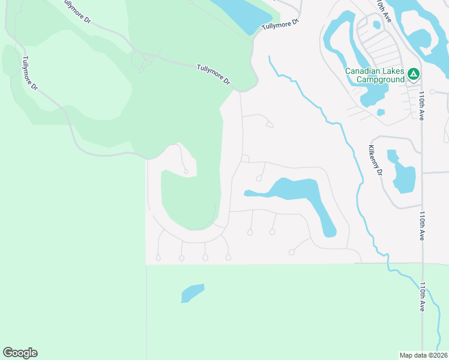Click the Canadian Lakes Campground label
tap(374, 74)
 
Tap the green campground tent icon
tap(413, 74)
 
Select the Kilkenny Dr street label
tap(376, 159)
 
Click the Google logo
tap(20, 353)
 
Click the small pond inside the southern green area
tap(193, 293)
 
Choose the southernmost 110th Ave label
tap(424, 296)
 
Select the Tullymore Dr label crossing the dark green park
tap(214, 74)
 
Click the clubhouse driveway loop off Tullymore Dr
tap(144, 61)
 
